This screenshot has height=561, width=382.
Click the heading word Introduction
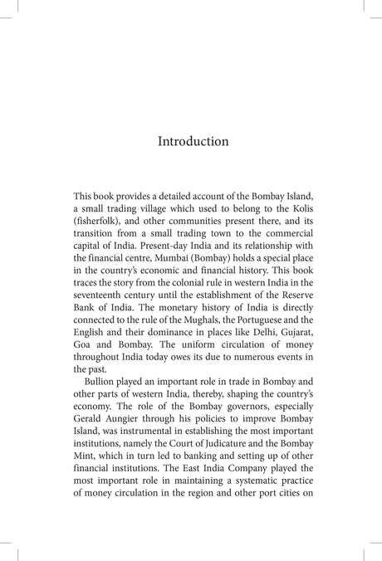coord(193,141)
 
